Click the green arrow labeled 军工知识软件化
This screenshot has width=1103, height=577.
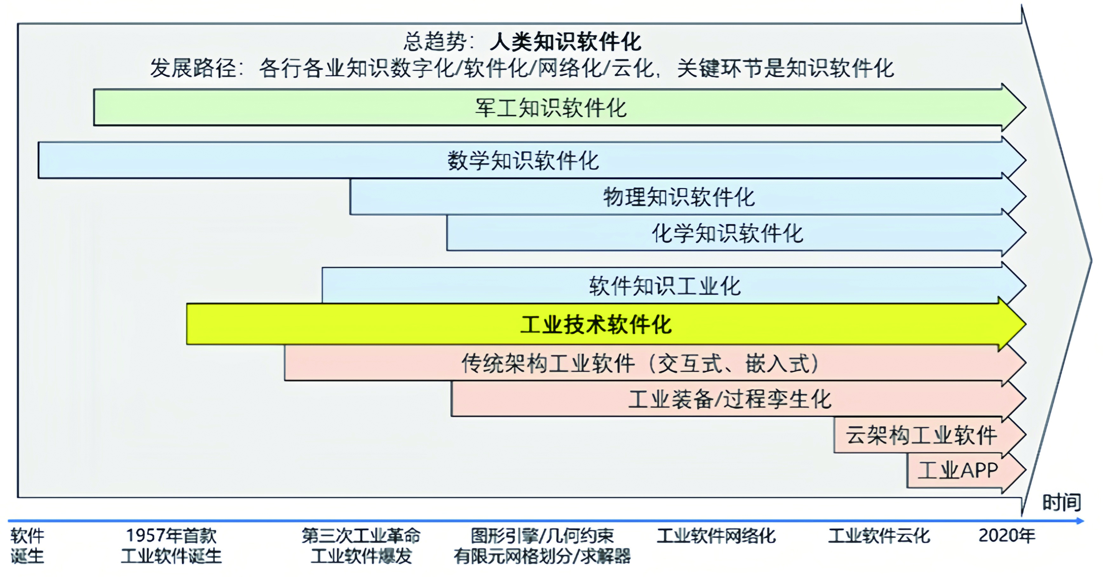pyautogui.click(x=560, y=107)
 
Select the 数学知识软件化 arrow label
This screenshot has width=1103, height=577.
pyautogui.click(x=523, y=161)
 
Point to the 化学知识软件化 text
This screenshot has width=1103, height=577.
pyautogui.click(x=727, y=233)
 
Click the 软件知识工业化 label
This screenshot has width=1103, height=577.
pyautogui.click(x=665, y=286)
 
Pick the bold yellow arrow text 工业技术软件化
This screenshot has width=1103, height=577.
pyautogui.click(x=596, y=324)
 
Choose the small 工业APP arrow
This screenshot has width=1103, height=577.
pyautogui.click(x=966, y=470)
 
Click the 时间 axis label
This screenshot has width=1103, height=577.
pyautogui.click(x=1061, y=502)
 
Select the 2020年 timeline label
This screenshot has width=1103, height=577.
pyautogui.click(x=1007, y=535)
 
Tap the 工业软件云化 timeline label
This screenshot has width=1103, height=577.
pyautogui.click(x=879, y=535)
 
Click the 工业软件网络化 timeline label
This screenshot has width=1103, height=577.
pyautogui.click(x=716, y=535)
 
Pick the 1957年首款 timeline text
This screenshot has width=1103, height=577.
pyautogui.click(x=171, y=535)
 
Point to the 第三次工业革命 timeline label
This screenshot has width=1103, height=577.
pyautogui.click(x=361, y=535)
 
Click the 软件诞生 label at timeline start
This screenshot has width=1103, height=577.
pyautogui.click(x=27, y=546)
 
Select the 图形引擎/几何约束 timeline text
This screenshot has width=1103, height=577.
pyautogui.click(x=542, y=535)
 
